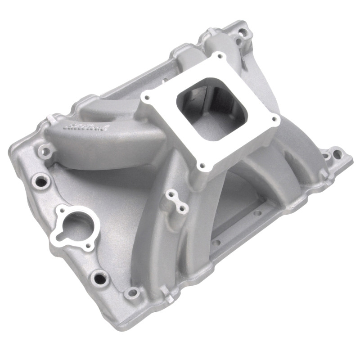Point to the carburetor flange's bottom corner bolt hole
pos(201,165)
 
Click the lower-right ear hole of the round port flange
pos(88,246)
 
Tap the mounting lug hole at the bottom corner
pos(131,294)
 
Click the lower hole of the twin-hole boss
pos(181,208)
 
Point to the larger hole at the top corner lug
pos(243,32)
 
